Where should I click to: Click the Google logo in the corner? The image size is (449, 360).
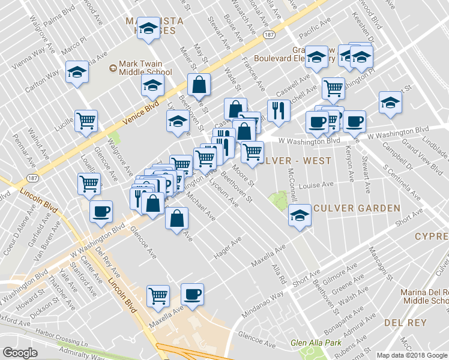pos(20,353)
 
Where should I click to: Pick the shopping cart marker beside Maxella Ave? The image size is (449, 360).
pos(158,295)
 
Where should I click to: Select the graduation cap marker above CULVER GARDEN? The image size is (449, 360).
pos(298,215)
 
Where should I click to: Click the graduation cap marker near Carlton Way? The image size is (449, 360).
pos(77,73)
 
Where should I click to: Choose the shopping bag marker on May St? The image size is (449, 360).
pos(199,85)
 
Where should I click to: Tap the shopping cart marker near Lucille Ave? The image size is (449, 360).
pos(86,121)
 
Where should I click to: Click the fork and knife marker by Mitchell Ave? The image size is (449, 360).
pos(278,110)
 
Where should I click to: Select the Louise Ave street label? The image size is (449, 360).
pos(316,186)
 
